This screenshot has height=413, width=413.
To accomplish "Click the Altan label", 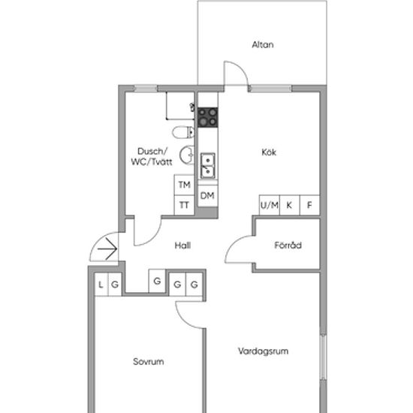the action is pos(263,44).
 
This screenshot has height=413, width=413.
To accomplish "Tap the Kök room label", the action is pos(269,152).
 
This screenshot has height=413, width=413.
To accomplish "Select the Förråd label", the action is pos(288,245).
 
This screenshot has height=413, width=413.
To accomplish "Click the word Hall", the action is pos(182,246).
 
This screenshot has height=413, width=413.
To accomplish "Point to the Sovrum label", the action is pos(148,361).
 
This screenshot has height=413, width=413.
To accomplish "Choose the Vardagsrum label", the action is pos(263,351).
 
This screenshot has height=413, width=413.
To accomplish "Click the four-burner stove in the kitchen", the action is pos(208,117).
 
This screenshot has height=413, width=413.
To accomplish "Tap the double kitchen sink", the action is pos(208,166).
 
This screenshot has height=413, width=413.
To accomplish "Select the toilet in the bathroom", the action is pos(183,132).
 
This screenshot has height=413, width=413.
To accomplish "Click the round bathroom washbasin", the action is pos(187,155).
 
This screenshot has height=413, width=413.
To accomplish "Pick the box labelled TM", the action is pos(185,185).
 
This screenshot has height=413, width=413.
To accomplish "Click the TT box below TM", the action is pos(185,205).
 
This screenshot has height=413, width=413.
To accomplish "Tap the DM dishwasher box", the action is pos(207,196).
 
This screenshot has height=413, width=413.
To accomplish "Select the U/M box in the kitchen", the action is pos(269,205).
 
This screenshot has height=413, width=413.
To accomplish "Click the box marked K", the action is pos(289,205).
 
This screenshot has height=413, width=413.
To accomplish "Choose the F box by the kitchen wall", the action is pos(309,205).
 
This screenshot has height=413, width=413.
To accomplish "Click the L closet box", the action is pos(101,285).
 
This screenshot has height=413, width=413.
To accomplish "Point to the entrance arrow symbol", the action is pos(107,249).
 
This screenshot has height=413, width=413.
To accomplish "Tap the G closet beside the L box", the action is pos(115,285).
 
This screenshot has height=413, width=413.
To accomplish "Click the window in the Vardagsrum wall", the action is pos(324,357).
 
